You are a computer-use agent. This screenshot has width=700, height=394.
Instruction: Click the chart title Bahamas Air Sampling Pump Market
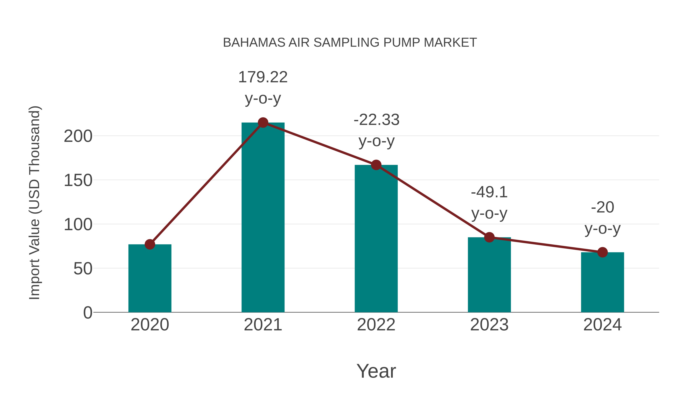click(x=350, y=43)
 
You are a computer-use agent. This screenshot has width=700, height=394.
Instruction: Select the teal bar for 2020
click(x=150, y=279)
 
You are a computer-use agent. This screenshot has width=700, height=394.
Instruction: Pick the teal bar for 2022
click(x=376, y=239)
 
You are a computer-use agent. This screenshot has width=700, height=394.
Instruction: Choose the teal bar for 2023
click(x=489, y=275)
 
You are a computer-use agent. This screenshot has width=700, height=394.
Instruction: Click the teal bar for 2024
click(x=602, y=283)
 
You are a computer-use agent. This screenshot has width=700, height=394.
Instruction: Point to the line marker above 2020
click(x=150, y=244)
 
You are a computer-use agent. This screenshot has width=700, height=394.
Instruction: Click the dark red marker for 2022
click(x=376, y=165)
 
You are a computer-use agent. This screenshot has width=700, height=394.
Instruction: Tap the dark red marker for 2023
click(x=489, y=237)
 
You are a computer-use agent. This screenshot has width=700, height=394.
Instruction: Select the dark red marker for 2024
click(x=602, y=252)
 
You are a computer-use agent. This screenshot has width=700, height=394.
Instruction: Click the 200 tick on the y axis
click(x=78, y=136)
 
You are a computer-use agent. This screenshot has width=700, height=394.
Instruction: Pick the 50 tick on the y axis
click(x=83, y=269)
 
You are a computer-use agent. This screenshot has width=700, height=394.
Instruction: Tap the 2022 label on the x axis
click(x=376, y=325)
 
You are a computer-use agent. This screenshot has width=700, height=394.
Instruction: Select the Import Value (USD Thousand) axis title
click(x=35, y=203)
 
